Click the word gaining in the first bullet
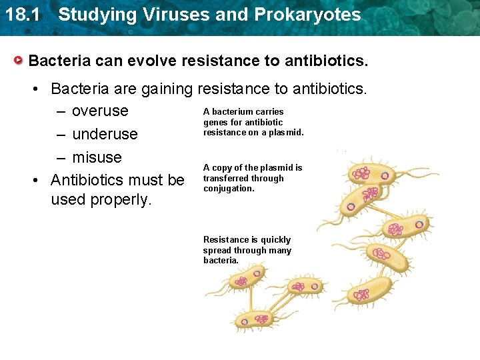(x=164, y=88)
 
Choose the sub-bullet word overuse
(x=100, y=111)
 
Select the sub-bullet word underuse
(x=105, y=134)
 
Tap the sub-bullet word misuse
(x=97, y=157)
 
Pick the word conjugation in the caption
(x=229, y=189)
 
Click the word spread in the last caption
(x=217, y=251)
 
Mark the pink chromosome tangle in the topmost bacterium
(x=361, y=173)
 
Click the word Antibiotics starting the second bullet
(x=93, y=180)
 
